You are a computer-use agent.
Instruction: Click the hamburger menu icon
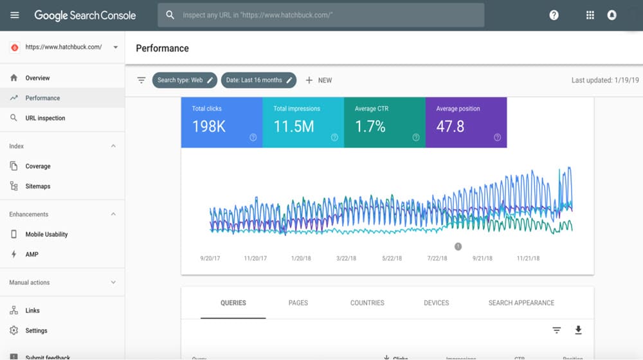click(15, 15)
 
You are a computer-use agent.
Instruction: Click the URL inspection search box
click(321, 15)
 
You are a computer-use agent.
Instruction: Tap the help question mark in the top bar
click(554, 15)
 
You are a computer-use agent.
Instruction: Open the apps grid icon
click(590, 15)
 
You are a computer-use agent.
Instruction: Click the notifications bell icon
click(611, 15)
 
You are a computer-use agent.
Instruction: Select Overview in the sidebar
click(37, 78)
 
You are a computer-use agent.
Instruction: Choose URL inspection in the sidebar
click(45, 118)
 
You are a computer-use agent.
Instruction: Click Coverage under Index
click(38, 166)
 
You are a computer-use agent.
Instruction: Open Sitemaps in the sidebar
click(38, 186)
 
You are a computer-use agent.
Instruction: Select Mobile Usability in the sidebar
click(46, 235)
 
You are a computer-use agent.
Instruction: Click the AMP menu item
click(32, 255)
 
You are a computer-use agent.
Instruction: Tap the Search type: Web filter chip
click(185, 80)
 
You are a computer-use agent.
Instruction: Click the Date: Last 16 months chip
click(258, 80)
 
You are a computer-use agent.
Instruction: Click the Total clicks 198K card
click(221, 122)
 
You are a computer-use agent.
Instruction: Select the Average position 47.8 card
click(466, 122)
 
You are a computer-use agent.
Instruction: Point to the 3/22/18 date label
click(347, 258)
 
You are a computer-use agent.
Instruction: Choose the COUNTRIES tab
click(367, 303)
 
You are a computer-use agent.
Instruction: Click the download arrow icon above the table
click(578, 330)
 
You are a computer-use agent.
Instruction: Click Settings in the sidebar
click(36, 330)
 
